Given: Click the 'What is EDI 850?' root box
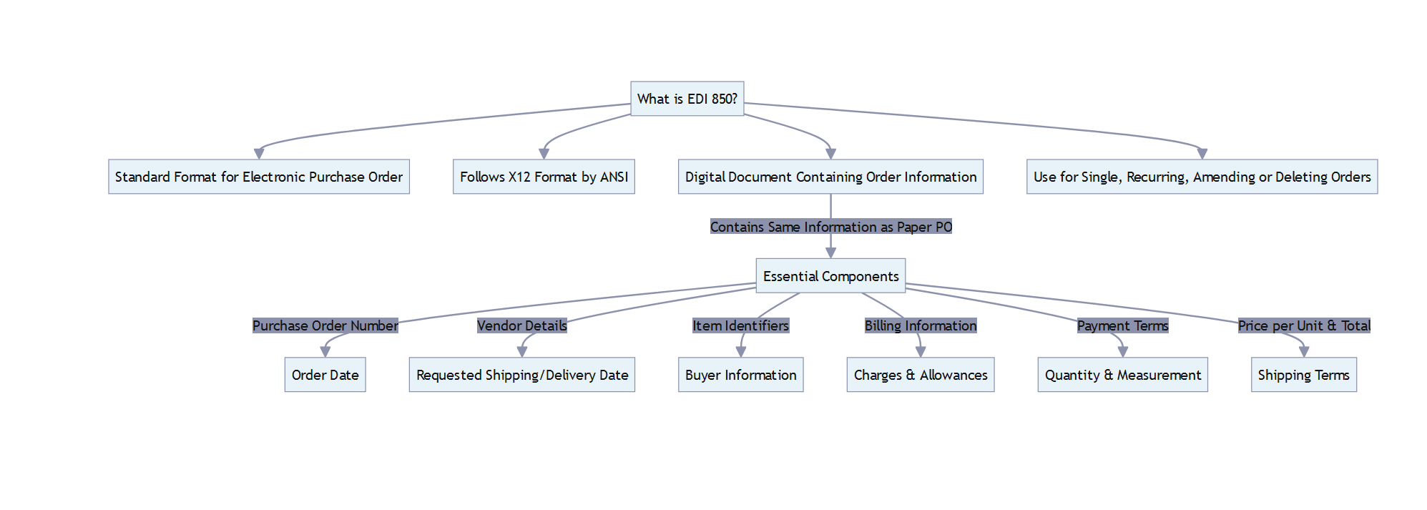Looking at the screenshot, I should coord(687,99).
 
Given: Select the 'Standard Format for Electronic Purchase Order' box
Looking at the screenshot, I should coord(258,177).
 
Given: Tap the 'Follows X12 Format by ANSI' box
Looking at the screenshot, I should coord(544,177).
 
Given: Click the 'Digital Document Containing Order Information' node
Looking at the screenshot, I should coord(830,177).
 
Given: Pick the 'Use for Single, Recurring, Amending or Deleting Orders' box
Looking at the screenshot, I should coord(1202,177).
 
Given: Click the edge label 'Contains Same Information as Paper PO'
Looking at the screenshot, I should coord(830,227).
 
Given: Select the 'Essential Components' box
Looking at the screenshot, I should coord(830,276).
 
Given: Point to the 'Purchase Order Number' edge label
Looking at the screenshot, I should coord(325,325).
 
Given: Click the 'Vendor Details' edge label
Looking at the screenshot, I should coord(521,325).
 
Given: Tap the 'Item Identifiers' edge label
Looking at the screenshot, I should coord(740,325).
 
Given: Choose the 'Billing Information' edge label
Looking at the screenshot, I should coord(920,325).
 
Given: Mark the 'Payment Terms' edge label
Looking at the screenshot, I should coord(1122,325).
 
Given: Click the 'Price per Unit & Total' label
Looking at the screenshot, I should coord(1303,325).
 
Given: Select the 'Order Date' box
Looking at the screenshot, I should coord(325,375).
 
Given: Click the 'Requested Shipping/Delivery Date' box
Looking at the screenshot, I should coord(521,375).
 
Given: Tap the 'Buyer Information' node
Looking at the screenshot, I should coord(740,375).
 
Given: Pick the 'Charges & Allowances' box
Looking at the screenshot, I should coord(920,375).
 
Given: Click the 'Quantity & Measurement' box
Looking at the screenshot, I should coord(1122,375).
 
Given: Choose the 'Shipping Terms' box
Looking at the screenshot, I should coord(1303,375).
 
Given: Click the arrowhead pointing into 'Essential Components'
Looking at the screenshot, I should coord(830,252).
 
